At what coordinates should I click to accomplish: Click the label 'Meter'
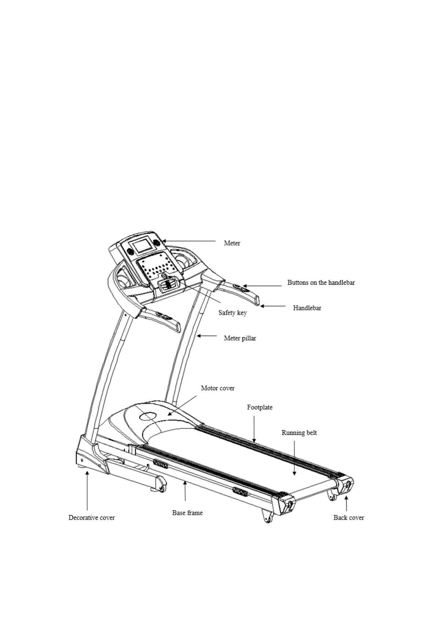(x=232, y=243)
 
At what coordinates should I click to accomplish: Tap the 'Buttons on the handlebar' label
(x=321, y=283)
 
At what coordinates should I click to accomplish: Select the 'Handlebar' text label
(x=307, y=308)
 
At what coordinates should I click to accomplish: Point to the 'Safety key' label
(x=233, y=313)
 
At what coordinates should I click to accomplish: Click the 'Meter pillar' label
(x=240, y=338)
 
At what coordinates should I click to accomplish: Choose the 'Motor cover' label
(x=218, y=388)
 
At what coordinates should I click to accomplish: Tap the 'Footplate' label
(x=260, y=407)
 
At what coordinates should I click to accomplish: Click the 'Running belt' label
(x=299, y=433)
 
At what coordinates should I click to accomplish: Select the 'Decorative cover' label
(x=92, y=518)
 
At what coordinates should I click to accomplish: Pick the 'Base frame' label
(x=187, y=513)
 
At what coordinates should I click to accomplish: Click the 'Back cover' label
(x=348, y=518)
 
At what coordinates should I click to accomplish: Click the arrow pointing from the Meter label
(x=189, y=241)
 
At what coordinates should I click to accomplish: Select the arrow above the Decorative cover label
(x=87, y=491)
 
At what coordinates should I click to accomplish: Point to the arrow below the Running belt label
(x=295, y=458)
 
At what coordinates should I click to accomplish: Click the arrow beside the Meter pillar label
(x=207, y=336)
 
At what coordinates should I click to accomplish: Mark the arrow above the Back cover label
(x=346, y=504)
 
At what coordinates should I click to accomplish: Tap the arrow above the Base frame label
(x=185, y=491)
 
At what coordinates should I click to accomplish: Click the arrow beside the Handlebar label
(x=273, y=306)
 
